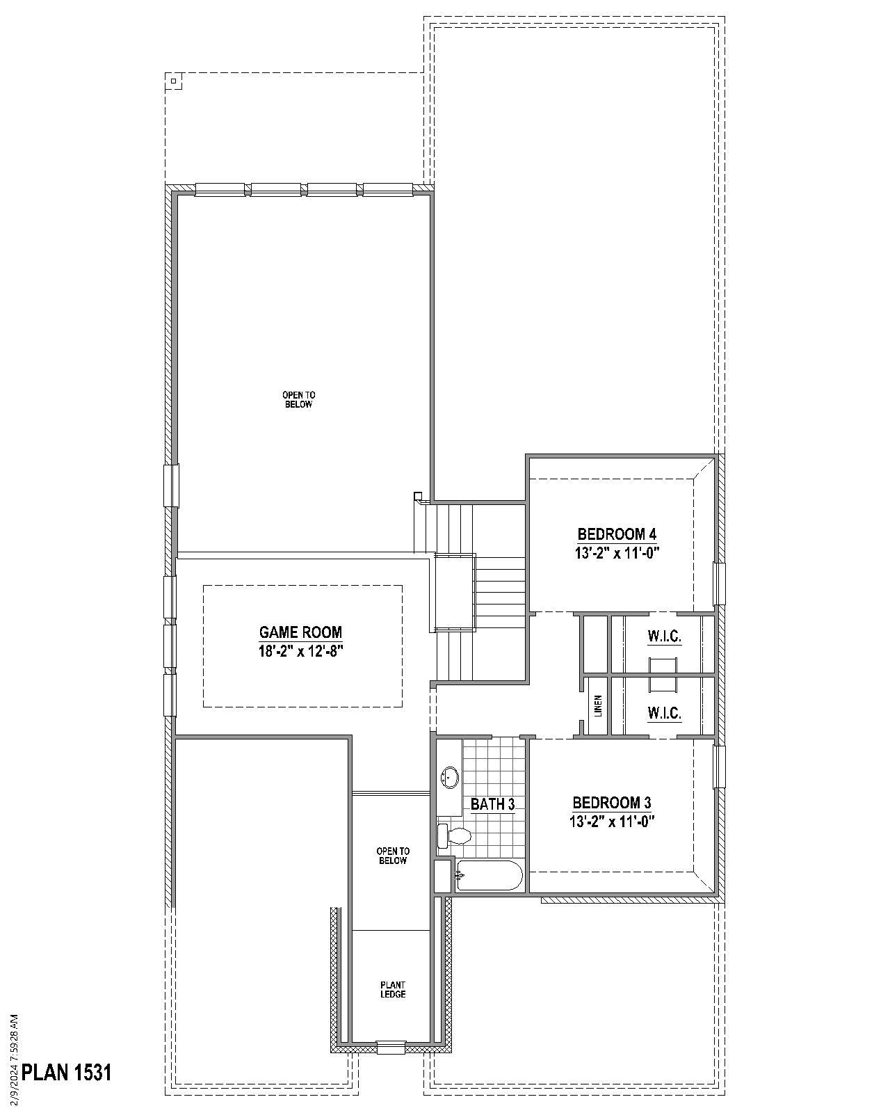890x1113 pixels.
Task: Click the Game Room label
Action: click(x=300, y=632)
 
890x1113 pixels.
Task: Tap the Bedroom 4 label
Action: click(x=617, y=534)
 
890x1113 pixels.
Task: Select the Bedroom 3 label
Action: click(x=612, y=803)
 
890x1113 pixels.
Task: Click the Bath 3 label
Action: click(x=492, y=804)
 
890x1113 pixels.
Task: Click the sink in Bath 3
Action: click(x=450, y=777)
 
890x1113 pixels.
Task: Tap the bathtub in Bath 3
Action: click(x=489, y=876)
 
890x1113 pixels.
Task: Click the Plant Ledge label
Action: click(x=393, y=989)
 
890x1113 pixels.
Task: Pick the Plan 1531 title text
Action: click(x=67, y=1072)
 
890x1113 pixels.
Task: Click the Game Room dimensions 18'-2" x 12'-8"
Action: click(x=300, y=652)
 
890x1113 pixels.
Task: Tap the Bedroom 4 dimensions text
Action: click(x=617, y=553)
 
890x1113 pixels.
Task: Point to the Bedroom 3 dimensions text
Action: click(x=612, y=822)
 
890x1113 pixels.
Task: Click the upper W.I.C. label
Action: click(x=664, y=636)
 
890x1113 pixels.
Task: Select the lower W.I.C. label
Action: click(x=664, y=713)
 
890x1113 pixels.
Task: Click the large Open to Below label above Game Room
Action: click(x=298, y=399)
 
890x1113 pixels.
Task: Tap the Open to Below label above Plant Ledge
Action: click(x=393, y=856)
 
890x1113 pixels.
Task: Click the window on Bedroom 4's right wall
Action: click(x=719, y=584)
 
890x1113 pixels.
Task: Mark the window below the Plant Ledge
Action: click(x=391, y=1047)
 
